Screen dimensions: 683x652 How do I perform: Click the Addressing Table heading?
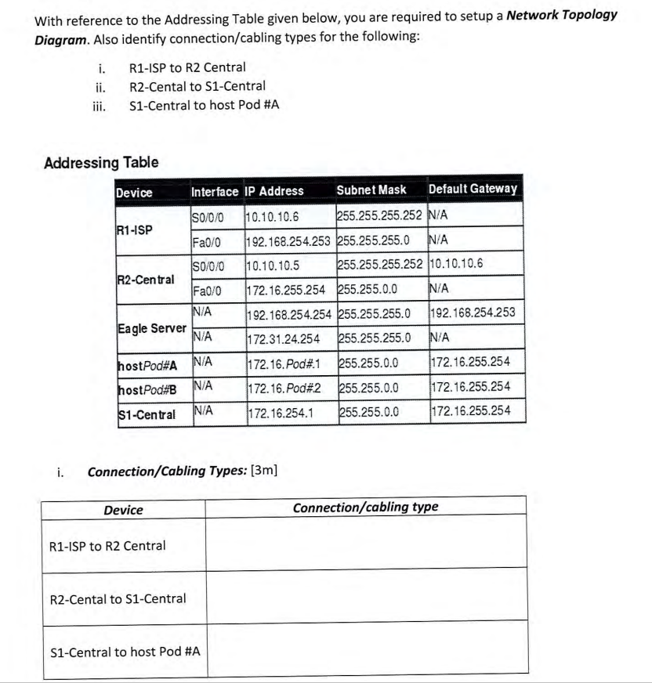point(101,163)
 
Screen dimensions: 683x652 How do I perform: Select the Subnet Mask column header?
point(371,190)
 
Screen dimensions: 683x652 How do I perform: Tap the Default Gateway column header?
point(473,190)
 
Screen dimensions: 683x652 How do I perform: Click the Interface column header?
point(215,191)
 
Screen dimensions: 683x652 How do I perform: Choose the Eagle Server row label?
point(151,327)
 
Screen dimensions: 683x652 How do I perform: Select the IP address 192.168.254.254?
point(288,315)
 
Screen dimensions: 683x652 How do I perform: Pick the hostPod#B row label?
point(147,388)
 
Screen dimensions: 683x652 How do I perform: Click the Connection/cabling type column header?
point(365,508)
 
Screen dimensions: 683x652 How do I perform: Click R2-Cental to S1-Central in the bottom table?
point(118,599)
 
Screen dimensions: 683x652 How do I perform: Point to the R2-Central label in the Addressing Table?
point(147,279)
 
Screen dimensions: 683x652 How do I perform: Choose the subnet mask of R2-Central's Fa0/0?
point(367,290)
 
